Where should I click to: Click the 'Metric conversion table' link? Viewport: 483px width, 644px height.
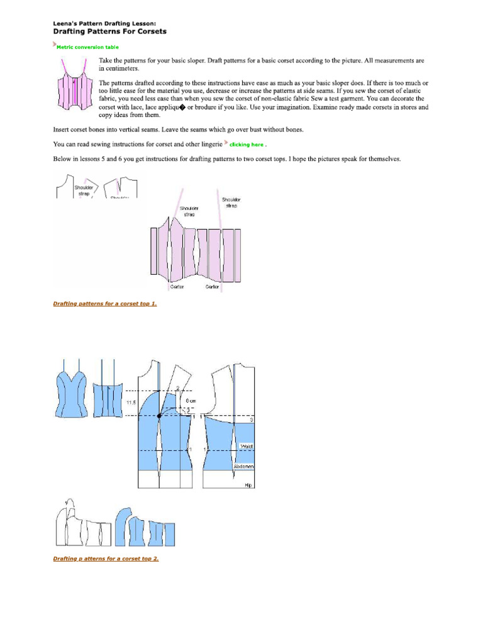click(87, 47)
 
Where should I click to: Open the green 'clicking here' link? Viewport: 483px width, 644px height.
click(247, 145)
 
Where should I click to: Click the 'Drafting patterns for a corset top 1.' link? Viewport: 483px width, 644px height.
click(105, 304)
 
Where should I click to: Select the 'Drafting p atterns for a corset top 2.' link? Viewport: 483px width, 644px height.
click(106, 558)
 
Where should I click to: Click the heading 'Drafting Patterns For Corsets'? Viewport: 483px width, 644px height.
click(109, 31)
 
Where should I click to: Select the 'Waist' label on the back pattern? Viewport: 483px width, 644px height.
click(246, 446)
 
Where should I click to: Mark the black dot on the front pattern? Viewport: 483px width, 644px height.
click(158, 416)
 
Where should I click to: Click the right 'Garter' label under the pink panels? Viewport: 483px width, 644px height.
click(212, 287)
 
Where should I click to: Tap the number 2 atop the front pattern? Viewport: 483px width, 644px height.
click(178, 387)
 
